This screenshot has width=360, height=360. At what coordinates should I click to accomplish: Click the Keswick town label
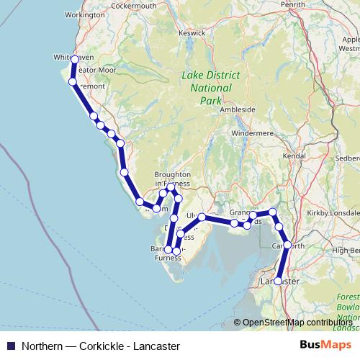point(192,32)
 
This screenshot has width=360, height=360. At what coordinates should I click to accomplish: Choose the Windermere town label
point(249,133)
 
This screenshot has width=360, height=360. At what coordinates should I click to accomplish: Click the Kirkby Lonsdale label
point(333,214)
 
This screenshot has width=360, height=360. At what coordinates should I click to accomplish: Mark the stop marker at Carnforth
point(287,245)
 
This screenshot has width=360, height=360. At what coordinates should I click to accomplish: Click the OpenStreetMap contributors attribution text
point(297,323)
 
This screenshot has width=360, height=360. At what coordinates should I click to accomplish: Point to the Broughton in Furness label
point(173,179)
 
